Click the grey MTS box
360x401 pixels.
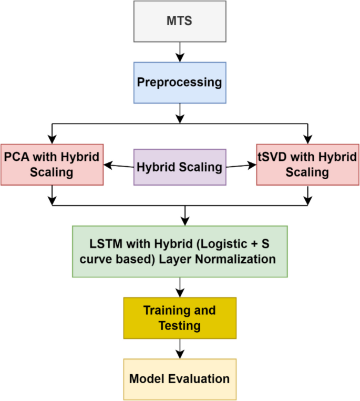coord(180,21)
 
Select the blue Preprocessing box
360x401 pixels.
coord(180,83)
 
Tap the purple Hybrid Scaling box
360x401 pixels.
coord(180,167)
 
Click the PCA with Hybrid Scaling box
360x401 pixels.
coord(52,164)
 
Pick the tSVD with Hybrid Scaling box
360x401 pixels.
coord(307,164)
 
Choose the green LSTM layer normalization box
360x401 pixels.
coord(180,251)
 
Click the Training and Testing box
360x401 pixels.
coord(180,318)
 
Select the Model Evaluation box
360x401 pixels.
coord(180,378)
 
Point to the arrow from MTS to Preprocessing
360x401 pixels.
coord(180,52)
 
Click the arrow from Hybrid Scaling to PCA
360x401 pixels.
coord(119,166)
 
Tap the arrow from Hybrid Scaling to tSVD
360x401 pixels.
coord(241,166)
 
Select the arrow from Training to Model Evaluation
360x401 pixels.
coord(180,348)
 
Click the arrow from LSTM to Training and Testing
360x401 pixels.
coord(180,287)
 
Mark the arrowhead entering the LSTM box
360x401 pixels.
coord(184,221)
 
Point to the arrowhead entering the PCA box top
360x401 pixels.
coord(52,139)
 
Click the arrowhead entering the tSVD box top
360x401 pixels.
coord(307,139)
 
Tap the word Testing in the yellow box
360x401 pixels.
coord(180,325)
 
